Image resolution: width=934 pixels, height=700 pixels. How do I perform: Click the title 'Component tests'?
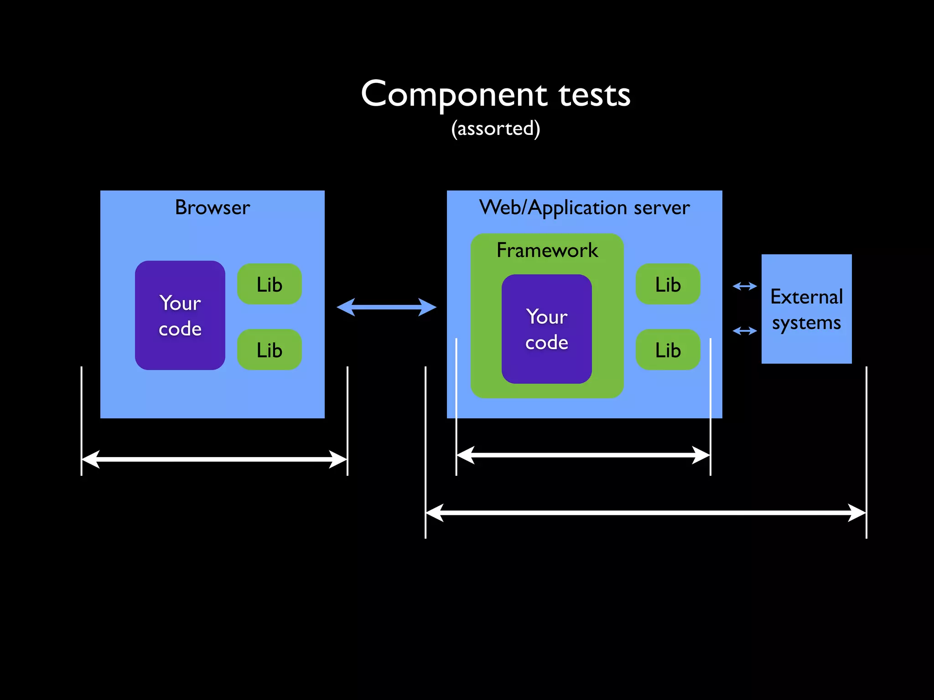pyautogui.click(x=496, y=94)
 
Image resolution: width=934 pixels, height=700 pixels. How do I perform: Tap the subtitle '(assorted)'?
pyautogui.click(x=496, y=129)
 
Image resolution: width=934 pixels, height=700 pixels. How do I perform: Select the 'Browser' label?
pyautogui.click(x=213, y=208)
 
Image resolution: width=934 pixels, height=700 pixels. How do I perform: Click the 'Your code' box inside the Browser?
pyautogui.click(x=180, y=315)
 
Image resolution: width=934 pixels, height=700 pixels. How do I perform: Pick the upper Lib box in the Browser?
pyautogui.click(x=270, y=284)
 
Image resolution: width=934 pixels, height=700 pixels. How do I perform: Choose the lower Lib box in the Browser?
pyautogui.click(x=270, y=350)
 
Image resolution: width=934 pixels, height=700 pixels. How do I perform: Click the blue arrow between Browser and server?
pyautogui.click(x=386, y=307)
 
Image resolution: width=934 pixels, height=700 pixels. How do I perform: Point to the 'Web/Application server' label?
pyautogui.click(x=584, y=208)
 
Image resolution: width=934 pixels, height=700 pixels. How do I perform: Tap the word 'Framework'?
pyautogui.click(x=547, y=250)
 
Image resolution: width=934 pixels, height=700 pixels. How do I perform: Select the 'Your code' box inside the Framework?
pyautogui.click(x=547, y=329)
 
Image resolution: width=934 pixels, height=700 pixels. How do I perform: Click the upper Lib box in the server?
pyautogui.click(x=668, y=284)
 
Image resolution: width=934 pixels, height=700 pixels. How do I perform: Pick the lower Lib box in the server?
pyautogui.click(x=668, y=350)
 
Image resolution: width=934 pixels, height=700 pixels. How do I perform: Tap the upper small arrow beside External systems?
pyautogui.click(x=744, y=286)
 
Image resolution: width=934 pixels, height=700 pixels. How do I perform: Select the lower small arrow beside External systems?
pyautogui.click(x=744, y=331)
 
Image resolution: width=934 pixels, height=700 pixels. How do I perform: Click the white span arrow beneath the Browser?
pyautogui.click(x=214, y=459)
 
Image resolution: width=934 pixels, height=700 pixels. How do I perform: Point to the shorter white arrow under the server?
pyautogui.click(x=583, y=455)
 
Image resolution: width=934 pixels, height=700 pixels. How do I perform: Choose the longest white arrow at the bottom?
pyautogui.click(x=645, y=513)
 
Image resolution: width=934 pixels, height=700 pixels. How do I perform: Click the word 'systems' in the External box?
pyautogui.click(x=806, y=323)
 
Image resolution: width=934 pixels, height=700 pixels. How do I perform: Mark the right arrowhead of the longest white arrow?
pyautogui.click(x=857, y=513)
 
